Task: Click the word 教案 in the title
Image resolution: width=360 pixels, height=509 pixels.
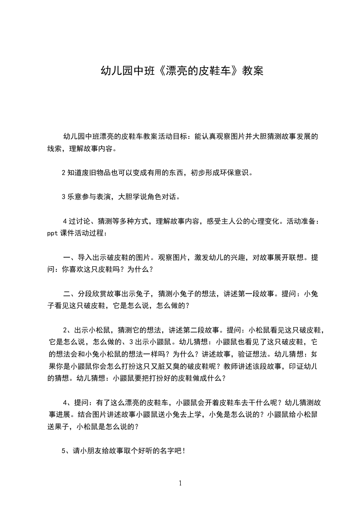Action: click(x=252, y=71)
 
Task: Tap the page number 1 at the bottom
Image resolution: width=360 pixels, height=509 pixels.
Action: click(x=180, y=483)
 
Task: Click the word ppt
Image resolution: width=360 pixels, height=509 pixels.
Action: click(x=53, y=233)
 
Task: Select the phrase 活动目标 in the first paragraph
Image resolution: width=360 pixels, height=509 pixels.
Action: click(x=173, y=136)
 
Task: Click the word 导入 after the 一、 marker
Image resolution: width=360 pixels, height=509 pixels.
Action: click(x=85, y=257)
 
